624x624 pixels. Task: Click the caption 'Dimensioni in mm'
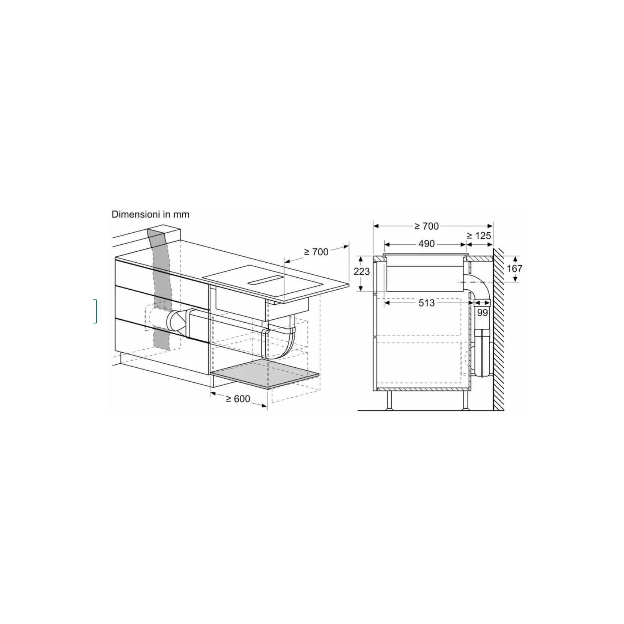[150, 214]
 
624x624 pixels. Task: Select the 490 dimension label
[427, 244]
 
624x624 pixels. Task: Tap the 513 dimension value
[427, 303]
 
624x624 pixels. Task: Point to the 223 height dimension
[362, 271]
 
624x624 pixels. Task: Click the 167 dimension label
[514, 268]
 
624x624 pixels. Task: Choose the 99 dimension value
[482, 312]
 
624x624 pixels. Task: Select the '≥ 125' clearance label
[479, 236]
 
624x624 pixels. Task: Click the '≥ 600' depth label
[238, 398]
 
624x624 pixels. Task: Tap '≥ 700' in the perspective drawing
[316, 252]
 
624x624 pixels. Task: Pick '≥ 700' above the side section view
[427, 226]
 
